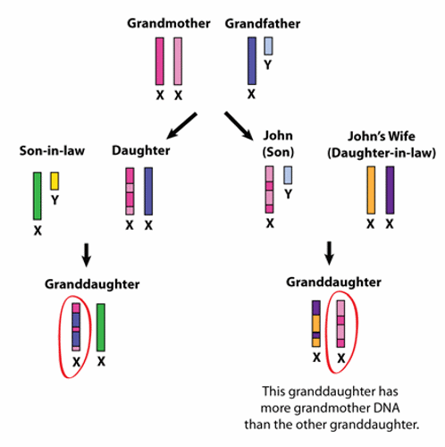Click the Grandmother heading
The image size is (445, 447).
169,23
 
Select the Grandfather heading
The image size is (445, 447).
263,23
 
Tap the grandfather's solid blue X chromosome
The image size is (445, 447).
252,61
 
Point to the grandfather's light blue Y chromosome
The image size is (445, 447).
268,46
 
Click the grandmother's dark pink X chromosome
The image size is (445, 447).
160,61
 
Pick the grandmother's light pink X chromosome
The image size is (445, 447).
178,61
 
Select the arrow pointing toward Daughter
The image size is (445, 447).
181,126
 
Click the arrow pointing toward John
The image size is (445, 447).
239,126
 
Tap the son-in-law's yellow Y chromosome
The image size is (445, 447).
55,181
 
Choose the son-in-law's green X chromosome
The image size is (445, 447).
38,196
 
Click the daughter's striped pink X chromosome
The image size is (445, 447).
130,191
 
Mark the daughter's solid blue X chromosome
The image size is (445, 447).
148,191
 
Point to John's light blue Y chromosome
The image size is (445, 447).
288,175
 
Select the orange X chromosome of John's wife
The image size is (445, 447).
371,190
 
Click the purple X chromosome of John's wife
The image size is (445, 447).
390,190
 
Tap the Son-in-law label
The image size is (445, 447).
52,151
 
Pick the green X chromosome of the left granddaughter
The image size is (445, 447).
101,327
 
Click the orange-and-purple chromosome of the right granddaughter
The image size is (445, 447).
316,324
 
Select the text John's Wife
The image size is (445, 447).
382,136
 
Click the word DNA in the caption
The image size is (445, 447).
387,408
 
